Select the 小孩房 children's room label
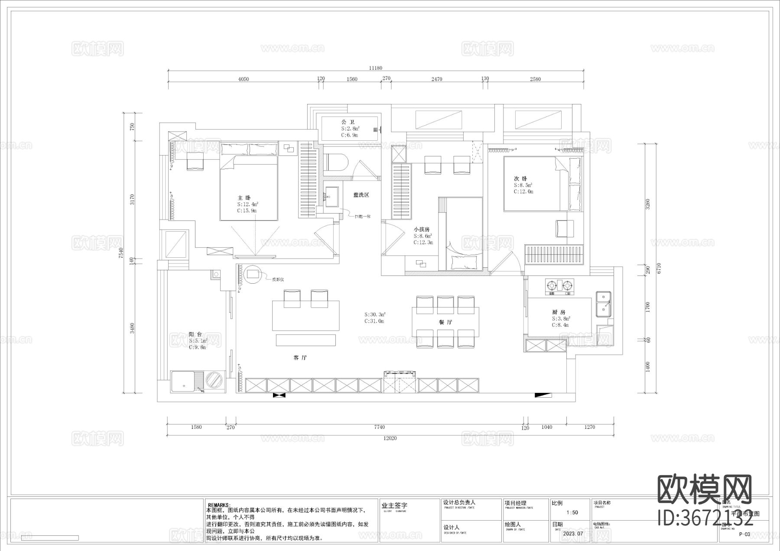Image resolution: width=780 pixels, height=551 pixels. (x=421, y=229)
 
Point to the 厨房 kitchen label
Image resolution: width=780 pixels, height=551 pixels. (x=559, y=312)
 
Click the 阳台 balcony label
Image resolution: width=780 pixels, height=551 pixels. (x=195, y=334)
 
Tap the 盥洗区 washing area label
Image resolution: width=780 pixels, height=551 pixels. (x=361, y=195)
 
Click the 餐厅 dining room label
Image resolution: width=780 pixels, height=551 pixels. (x=445, y=322)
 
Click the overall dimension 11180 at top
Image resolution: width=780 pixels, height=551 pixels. (x=375, y=68)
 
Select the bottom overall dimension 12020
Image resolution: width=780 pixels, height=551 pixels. (x=390, y=438)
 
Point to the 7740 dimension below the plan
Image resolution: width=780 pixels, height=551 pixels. (x=379, y=427)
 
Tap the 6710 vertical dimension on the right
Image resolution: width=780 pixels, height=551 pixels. (x=659, y=269)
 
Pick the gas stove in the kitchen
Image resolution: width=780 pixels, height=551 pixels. (x=559, y=285)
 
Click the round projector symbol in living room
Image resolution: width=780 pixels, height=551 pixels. (x=253, y=275)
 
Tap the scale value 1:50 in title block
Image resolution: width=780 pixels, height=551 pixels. (x=572, y=512)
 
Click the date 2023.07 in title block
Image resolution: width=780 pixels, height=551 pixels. (x=573, y=533)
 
